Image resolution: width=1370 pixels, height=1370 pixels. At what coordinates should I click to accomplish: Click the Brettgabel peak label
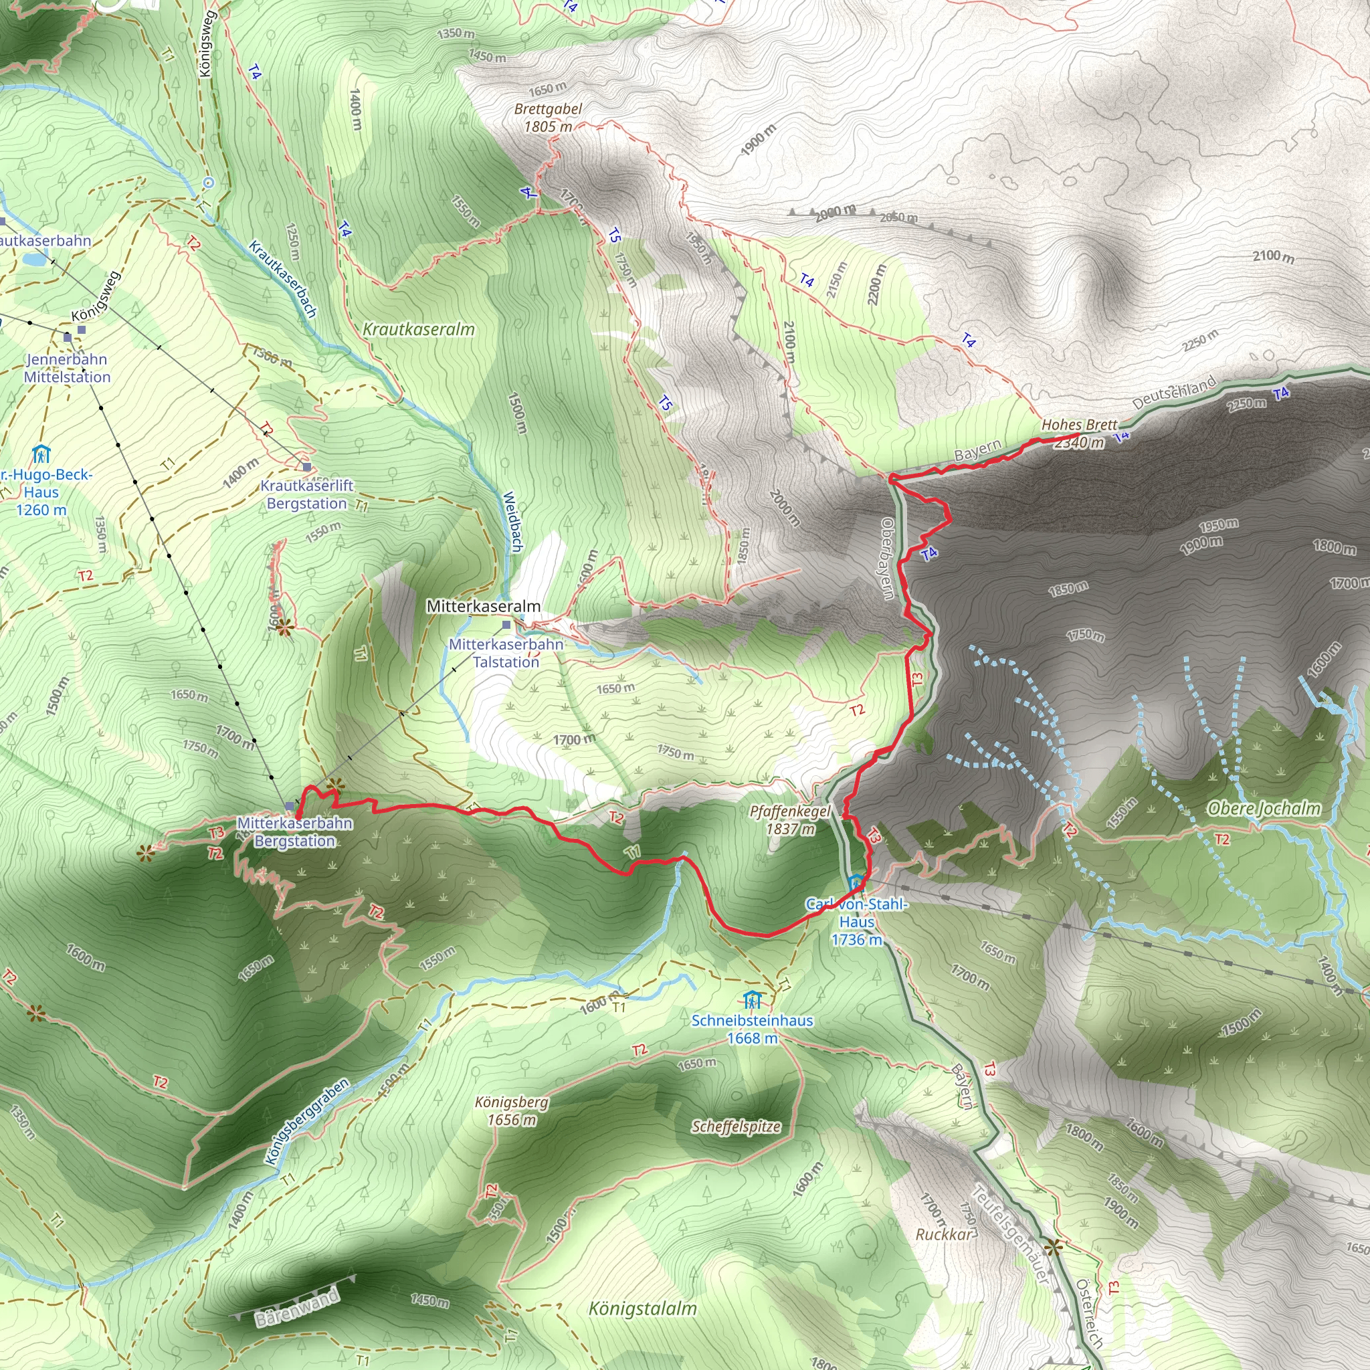(548, 109)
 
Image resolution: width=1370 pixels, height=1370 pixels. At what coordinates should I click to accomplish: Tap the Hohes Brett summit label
(1079, 425)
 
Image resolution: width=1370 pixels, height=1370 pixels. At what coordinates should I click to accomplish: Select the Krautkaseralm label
(418, 329)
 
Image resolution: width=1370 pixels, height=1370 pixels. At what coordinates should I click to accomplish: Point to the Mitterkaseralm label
(483, 606)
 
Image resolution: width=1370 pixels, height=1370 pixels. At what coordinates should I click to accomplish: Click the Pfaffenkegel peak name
(789, 811)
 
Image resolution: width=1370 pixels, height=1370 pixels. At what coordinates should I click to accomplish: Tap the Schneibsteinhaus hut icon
(753, 1001)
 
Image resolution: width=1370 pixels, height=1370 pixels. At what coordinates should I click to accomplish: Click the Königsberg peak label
(511, 1102)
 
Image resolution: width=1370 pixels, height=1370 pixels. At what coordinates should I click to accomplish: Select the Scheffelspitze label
(736, 1127)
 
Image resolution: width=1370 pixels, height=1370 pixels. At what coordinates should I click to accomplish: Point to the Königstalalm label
(642, 1308)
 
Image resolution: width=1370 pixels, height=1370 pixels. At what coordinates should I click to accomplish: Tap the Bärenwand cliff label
(297, 1308)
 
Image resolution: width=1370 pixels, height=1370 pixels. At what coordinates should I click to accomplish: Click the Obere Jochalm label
(1264, 808)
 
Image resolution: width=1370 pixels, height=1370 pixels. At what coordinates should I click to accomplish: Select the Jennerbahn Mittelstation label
(68, 368)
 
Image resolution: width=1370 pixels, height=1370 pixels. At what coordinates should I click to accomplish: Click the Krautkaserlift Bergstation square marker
(306, 468)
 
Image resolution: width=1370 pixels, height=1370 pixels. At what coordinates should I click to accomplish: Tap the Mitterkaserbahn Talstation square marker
(506, 625)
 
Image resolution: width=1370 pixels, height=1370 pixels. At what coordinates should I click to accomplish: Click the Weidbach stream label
(512, 522)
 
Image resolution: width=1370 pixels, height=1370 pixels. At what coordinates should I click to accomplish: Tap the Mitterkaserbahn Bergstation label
(294, 831)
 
